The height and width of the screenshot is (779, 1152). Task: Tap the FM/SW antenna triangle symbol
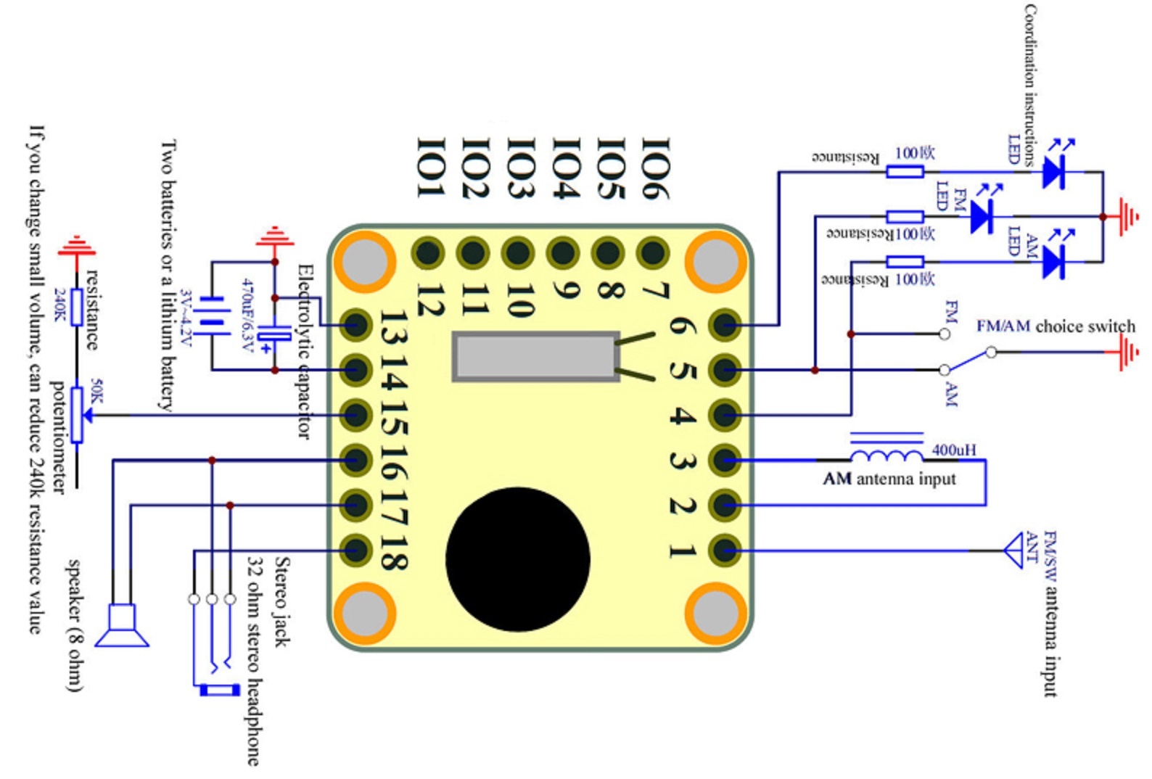pyautogui.click(x=1013, y=551)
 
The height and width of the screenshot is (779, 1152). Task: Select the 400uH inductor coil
pyautogui.click(x=886, y=455)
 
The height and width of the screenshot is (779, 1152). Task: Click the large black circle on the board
pyautogui.click(x=517, y=559)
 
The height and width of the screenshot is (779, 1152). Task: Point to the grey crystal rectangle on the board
pyautogui.click(x=535, y=356)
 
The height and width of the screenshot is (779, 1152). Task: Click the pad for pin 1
pyautogui.click(x=725, y=550)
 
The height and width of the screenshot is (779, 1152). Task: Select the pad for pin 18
pyautogui.click(x=355, y=550)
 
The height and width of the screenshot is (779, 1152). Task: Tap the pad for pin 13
pyautogui.click(x=355, y=325)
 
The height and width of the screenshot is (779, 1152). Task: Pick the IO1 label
pyautogui.click(x=429, y=168)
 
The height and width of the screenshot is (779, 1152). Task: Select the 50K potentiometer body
pyautogui.click(x=76, y=415)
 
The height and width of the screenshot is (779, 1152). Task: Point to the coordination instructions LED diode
pyautogui.click(x=1053, y=173)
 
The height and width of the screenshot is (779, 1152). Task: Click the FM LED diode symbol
pyautogui.click(x=982, y=216)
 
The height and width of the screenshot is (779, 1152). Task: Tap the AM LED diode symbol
pyautogui.click(x=1053, y=261)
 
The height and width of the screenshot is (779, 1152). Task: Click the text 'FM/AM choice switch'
pyautogui.click(x=1055, y=326)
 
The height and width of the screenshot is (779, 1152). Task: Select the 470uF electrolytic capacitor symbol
pyautogui.click(x=274, y=335)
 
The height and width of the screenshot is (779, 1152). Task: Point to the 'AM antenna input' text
pyautogui.click(x=889, y=479)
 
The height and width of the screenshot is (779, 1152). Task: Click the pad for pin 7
pyautogui.click(x=652, y=253)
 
